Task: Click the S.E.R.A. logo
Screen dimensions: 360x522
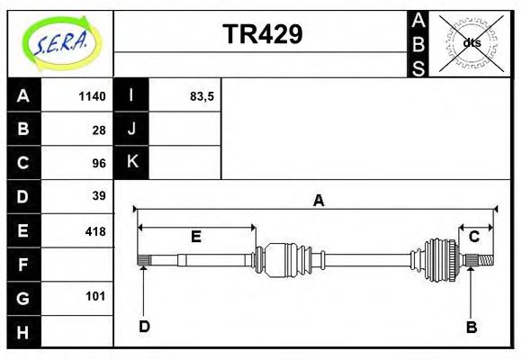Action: coord(60,42)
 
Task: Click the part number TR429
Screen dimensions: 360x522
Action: coord(262,34)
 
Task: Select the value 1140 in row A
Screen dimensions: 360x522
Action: coord(92,96)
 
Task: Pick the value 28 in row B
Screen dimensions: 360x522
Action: coord(98,130)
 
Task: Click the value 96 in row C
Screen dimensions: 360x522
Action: coord(98,163)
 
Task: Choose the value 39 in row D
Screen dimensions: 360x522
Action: coord(98,196)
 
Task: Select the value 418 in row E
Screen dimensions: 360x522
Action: coord(94,230)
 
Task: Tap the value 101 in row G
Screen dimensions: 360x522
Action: coord(94,296)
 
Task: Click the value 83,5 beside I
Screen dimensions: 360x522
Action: coord(202,96)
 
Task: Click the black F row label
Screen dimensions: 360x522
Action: coord(23,264)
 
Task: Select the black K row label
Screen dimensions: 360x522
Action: coord(131,163)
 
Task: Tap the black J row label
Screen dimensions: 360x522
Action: coord(131,130)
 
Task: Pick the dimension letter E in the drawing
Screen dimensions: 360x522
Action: coord(195,236)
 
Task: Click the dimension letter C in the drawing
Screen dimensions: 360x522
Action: coord(473,236)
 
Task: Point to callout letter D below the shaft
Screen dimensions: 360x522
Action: coord(144,326)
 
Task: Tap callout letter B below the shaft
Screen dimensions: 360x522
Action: coord(471,326)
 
